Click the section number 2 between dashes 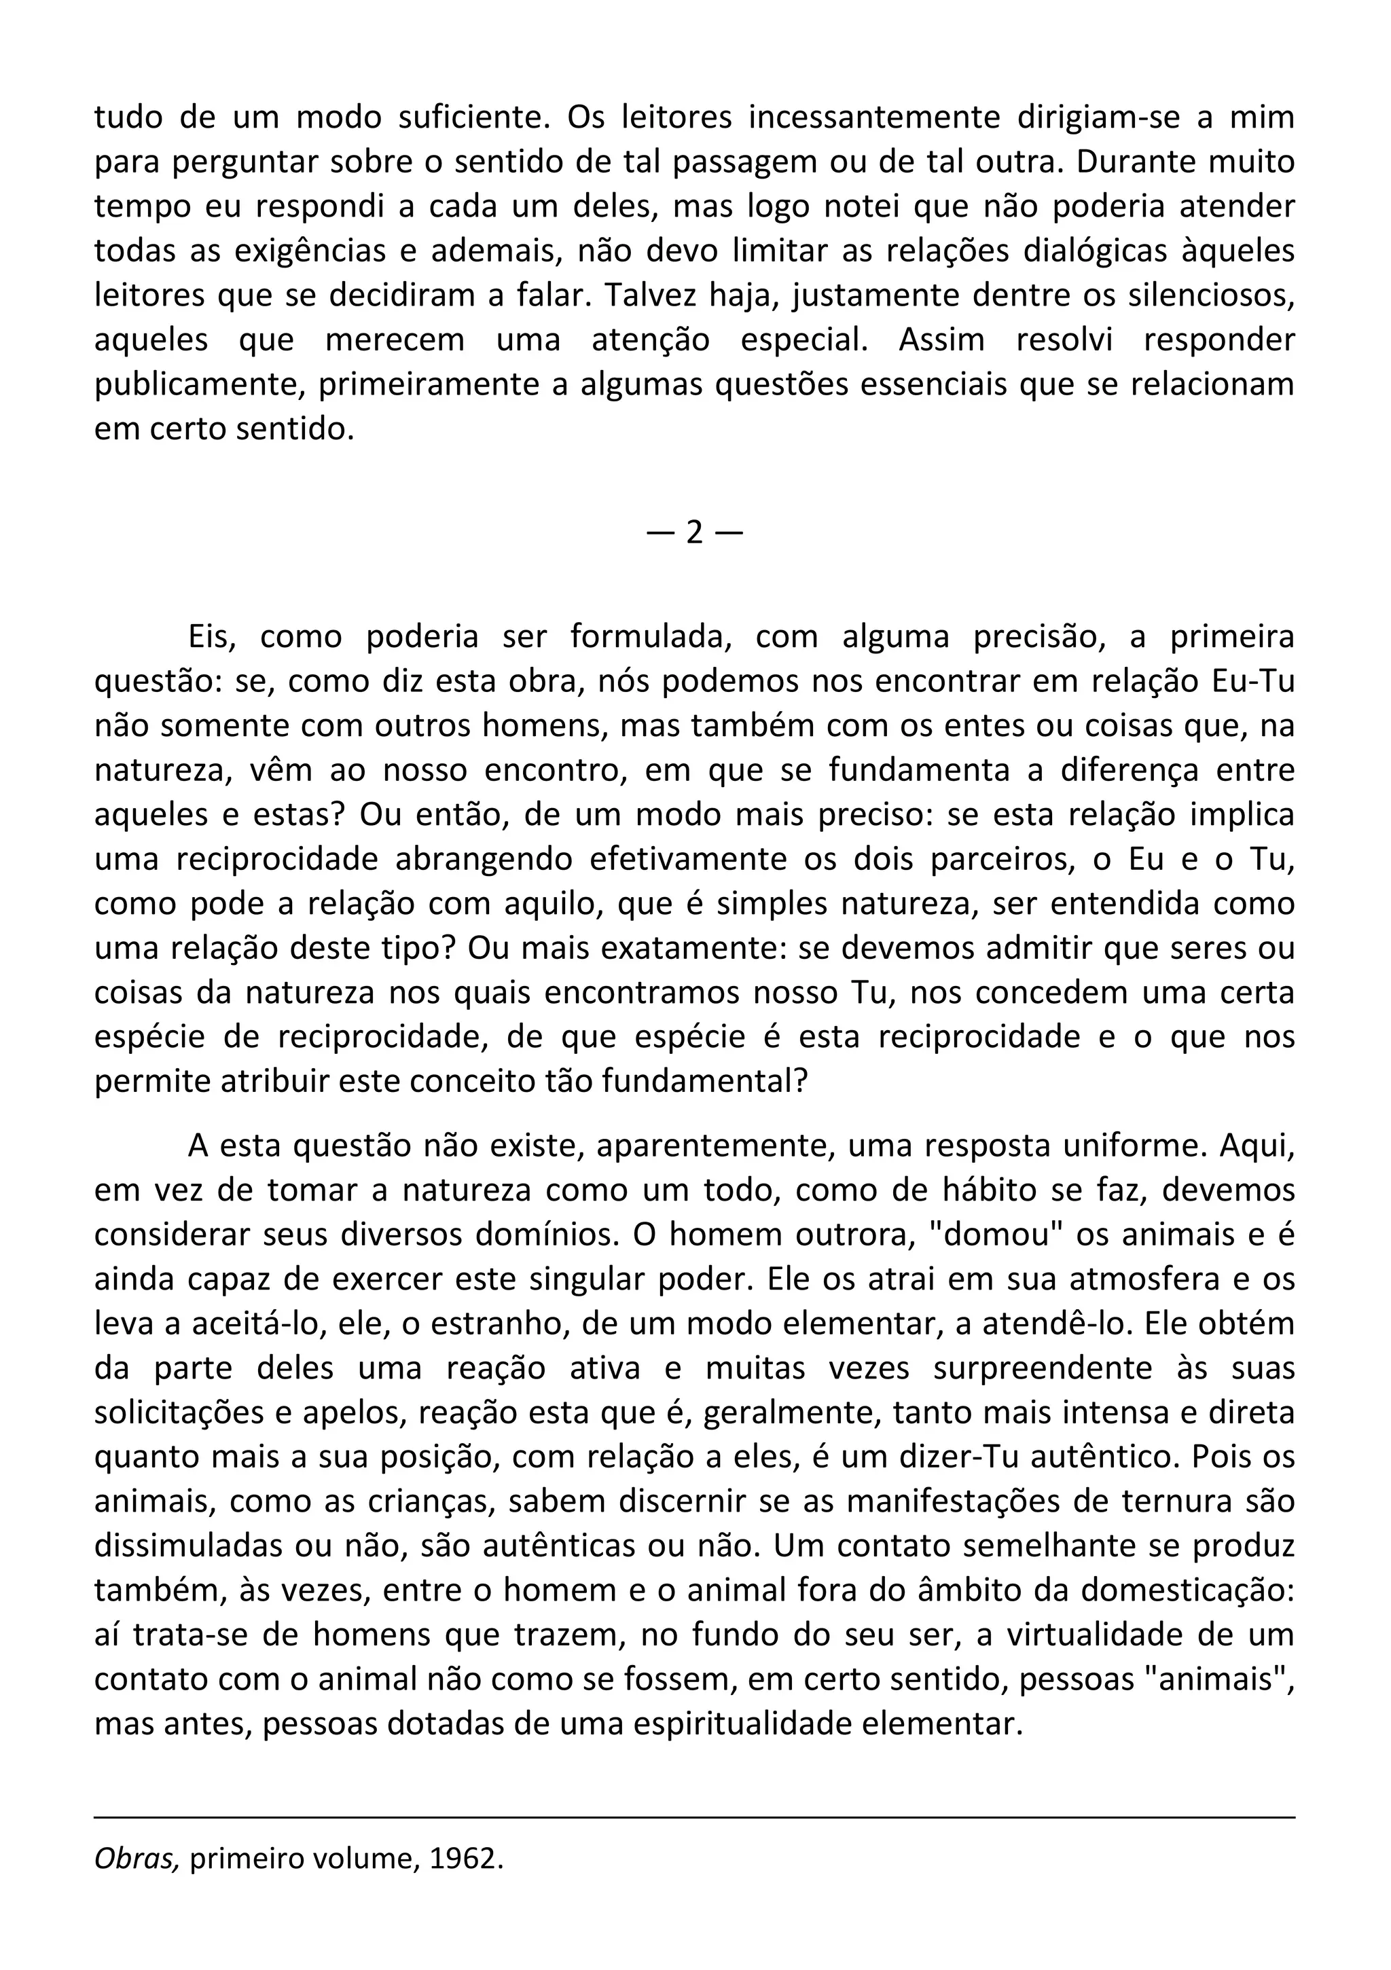694,534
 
